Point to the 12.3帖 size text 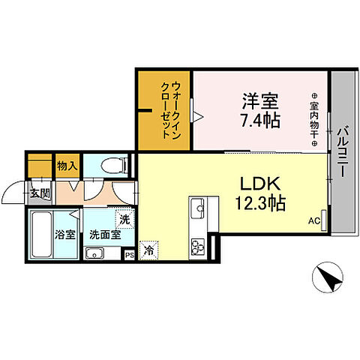pos(259,202)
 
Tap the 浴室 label pos(64,234)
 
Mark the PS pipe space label pos(130,254)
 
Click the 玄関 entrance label pos(40,193)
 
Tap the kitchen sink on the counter pos(199,207)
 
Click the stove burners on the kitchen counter pos(199,246)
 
